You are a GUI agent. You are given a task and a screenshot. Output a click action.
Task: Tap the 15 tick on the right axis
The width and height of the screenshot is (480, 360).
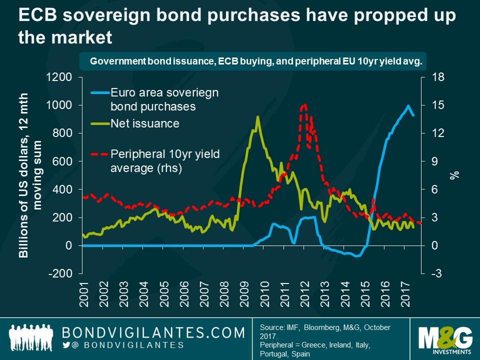pyautogui.click(x=438, y=105)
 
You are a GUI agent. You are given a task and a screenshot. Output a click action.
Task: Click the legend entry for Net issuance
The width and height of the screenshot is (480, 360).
pyautogui.click(x=144, y=123)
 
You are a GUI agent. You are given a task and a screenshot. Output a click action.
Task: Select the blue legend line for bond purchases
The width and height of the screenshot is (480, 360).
pyautogui.click(x=99, y=92)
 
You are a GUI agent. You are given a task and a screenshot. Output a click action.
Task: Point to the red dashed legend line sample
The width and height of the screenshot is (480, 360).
pyautogui.click(x=99, y=154)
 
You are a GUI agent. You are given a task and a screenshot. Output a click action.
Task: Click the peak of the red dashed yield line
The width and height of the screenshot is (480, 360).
pyautogui.click(x=304, y=105)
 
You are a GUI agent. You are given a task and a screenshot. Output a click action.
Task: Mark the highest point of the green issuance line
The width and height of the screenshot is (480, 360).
pyautogui.click(x=257, y=117)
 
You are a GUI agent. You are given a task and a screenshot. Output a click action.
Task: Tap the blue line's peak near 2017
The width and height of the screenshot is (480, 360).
pyautogui.click(x=408, y=106)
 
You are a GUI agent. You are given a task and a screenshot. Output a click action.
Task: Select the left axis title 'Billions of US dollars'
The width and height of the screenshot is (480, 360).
pyautogui.click(x=23, y=175)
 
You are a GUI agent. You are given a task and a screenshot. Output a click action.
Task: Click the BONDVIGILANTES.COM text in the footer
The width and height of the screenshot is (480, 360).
pyautogui.click(x=153, y=332)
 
